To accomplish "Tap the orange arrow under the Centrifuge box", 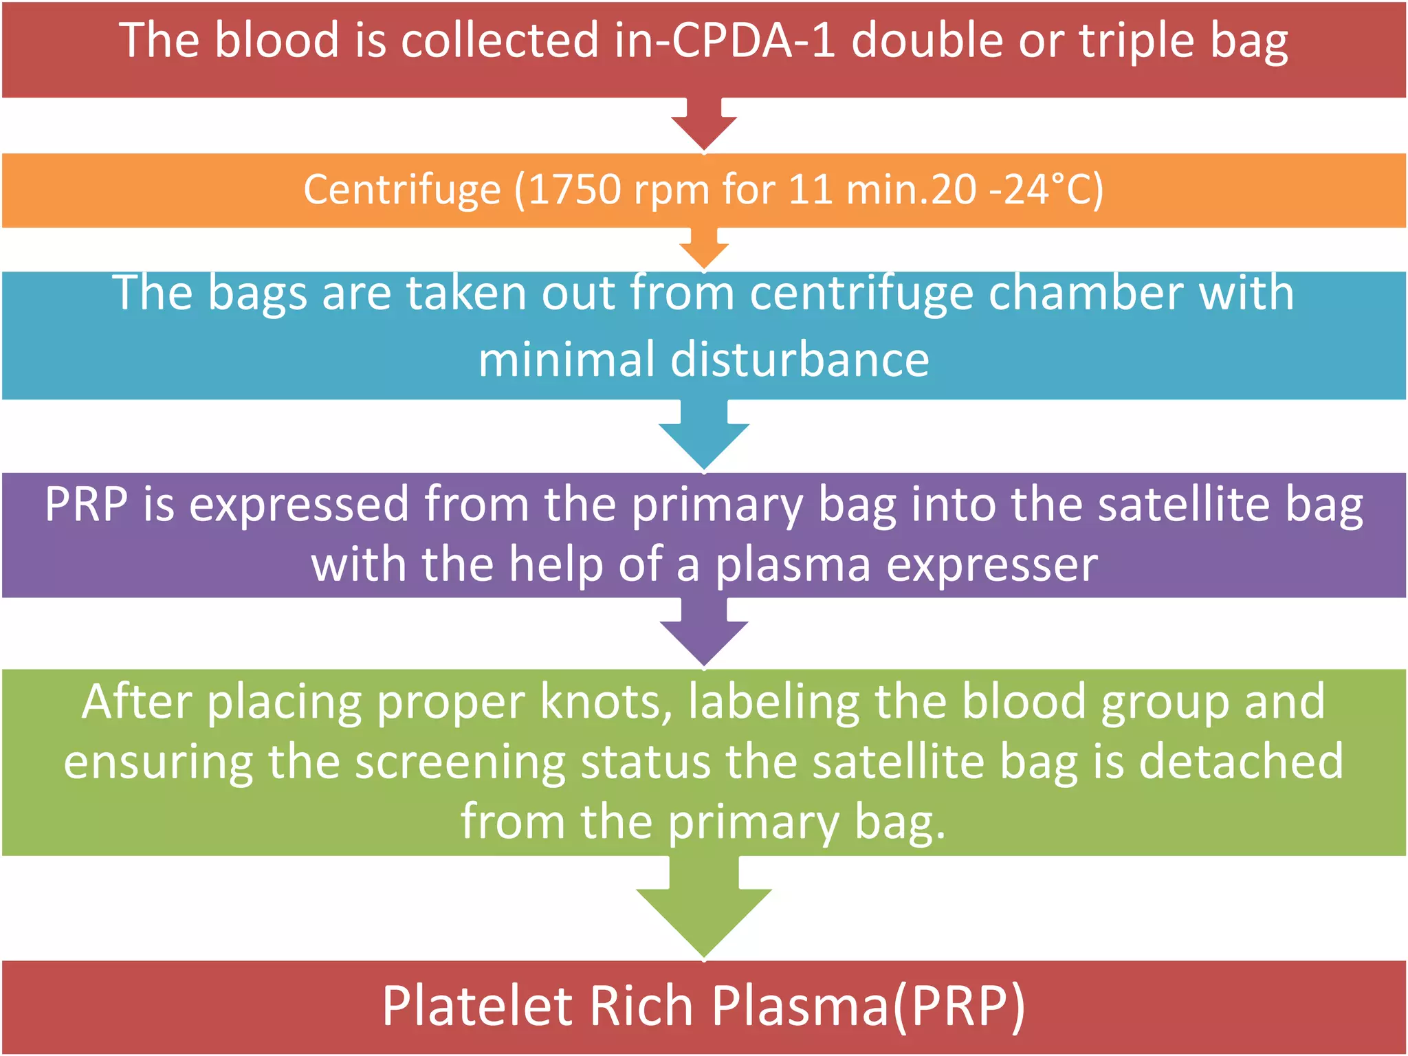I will [703, 249].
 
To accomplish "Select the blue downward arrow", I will [703, 436].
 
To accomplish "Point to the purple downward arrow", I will [703, 632].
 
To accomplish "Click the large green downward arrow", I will [703, 907].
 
